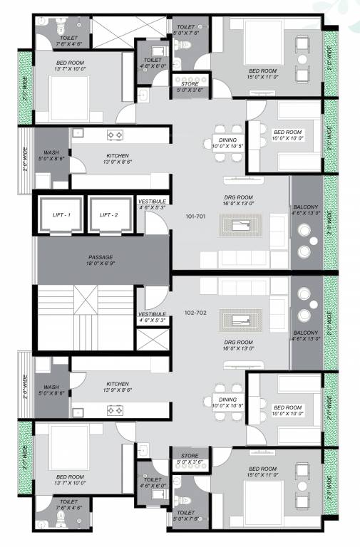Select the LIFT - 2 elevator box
click(x=109, y=214)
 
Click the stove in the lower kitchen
click(x=115, y=410)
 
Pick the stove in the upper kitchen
click(x=115, y=135)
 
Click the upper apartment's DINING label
click(x=228, y=143)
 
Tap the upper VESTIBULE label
click(x=152, y=204)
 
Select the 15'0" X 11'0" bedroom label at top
click(x=263, y=73)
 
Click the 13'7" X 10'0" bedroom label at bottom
click(x=71, y=479)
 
